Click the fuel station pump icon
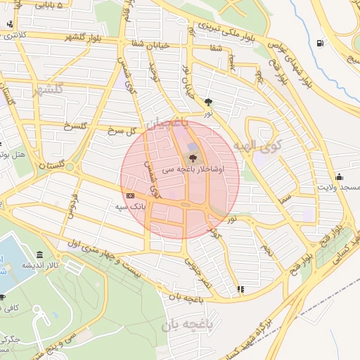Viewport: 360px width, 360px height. pos(321,44)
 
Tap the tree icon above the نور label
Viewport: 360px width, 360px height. pos(208,102)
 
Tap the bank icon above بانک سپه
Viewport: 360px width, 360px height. pos(129,195)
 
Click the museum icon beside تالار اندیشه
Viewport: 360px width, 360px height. pos(39,255)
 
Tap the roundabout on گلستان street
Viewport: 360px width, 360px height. pos(186,205)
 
